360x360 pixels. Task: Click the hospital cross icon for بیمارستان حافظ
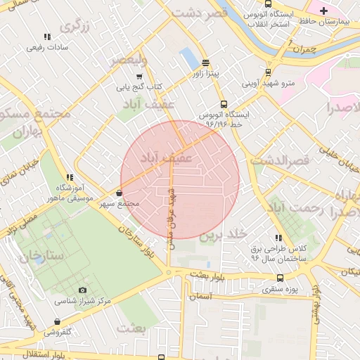coord(323,10)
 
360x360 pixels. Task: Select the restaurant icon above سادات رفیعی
coord(47,37)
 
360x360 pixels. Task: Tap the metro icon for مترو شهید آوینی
coord(268,72)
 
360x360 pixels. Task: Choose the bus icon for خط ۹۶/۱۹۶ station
coord(224,104)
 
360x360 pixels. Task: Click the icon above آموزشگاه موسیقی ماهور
coord(69,178)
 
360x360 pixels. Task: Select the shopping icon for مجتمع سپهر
coord(118,193)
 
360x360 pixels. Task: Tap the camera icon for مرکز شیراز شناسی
coord(83,290)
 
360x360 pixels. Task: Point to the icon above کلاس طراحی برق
coord(278,238)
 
